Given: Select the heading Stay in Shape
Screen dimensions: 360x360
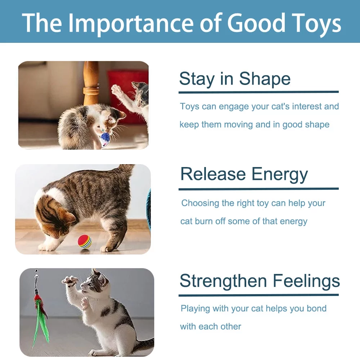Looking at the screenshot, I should [x=235, y=79].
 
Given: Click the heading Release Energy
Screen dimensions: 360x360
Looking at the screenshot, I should [x=244, y=174].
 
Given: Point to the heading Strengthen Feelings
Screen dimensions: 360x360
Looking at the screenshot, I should [x=260, y=281].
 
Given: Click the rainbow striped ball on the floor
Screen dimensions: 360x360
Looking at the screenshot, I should [x=85, y=242].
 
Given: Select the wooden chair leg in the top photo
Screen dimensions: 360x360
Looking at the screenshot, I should [x=91, y=83].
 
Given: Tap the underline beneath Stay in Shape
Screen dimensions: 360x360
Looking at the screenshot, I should [x=258, y=92].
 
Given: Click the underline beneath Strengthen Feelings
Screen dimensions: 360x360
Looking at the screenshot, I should [x=258, y=295].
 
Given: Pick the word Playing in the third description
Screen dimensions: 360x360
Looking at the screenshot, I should [x=195, y=309].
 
